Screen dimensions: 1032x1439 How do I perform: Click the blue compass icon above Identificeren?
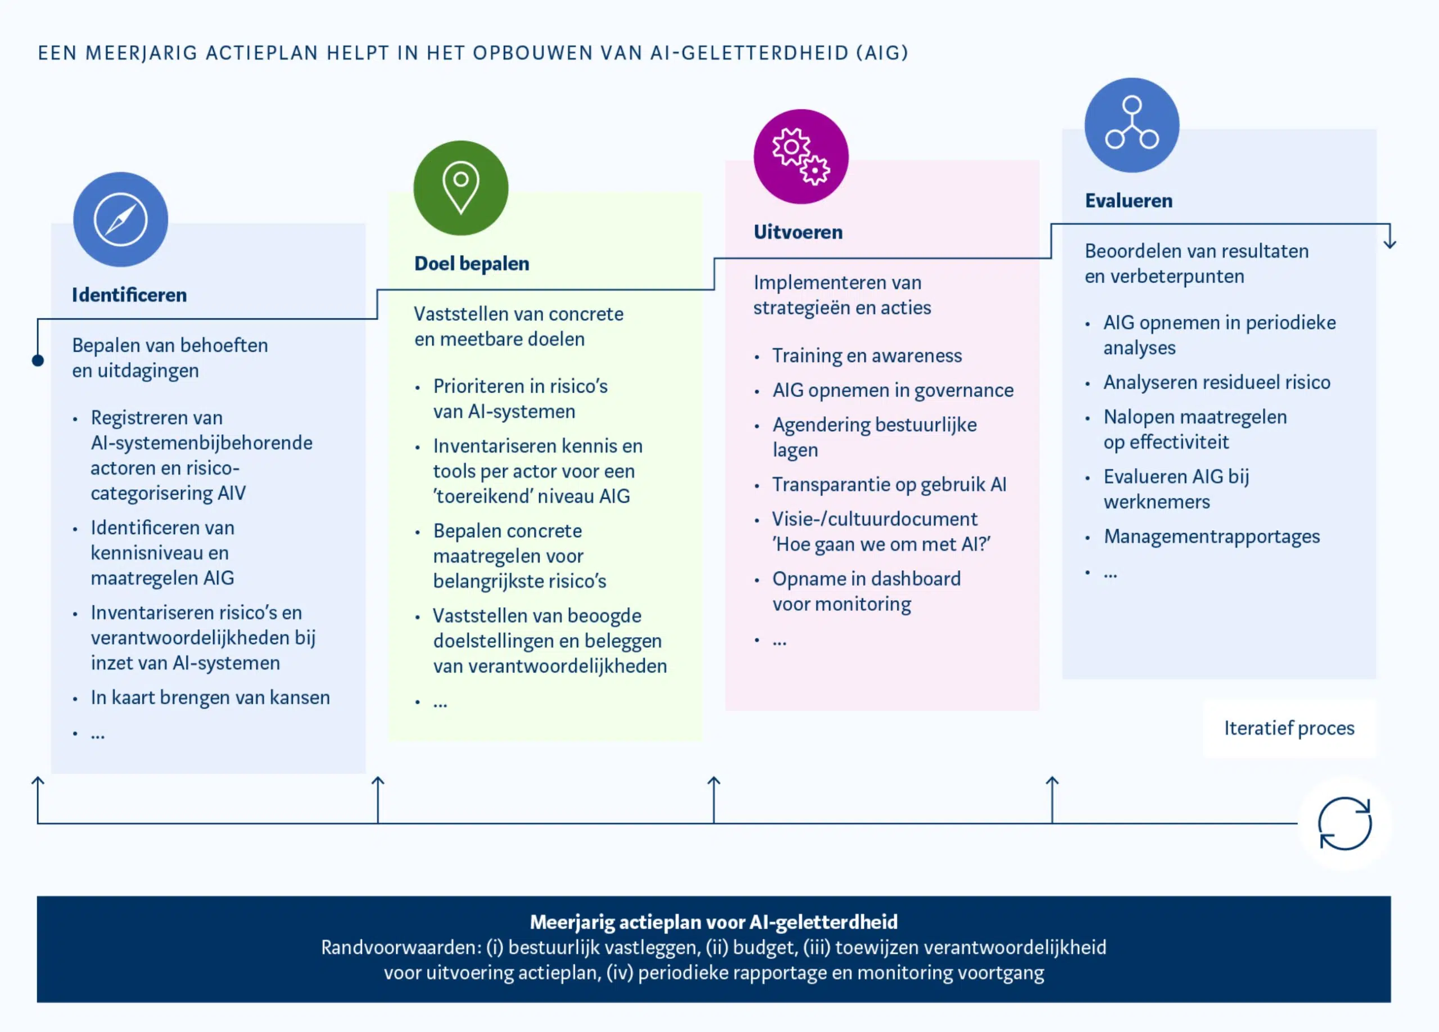(x=120, y=219)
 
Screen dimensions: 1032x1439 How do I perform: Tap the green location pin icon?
(x=460, y=188)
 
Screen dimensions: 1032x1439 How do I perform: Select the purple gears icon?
(x=800, y=157)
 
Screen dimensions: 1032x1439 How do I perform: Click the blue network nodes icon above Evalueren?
(x=1132, y=125)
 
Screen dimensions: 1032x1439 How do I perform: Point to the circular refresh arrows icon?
(x=1344, y=823)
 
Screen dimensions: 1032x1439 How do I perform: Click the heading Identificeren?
(x=129, y=295)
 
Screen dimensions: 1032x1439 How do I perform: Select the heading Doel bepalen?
(x=472, y=263)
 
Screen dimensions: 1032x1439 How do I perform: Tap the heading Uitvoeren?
(x=798, y=232)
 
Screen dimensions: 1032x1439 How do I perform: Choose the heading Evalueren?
(x=1128, y=201)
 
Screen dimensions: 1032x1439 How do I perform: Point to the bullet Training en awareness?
(x=866, y=355)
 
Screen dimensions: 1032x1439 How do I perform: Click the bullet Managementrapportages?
(x=1211, y=537)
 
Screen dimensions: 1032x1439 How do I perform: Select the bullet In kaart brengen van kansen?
(x=210, y=697)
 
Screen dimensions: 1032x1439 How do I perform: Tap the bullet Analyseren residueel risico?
(x=1216, y=382)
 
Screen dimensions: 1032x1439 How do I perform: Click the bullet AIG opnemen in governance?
(x=892, y=390)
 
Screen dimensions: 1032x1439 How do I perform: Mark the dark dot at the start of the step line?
(x=38, y=360)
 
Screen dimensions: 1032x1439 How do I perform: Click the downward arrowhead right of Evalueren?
(x=1390, y=243)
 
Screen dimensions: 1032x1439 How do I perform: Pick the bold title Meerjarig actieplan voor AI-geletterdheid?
(x=714, y=922)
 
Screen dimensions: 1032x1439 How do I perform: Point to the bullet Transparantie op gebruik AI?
(x=889, y=484)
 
